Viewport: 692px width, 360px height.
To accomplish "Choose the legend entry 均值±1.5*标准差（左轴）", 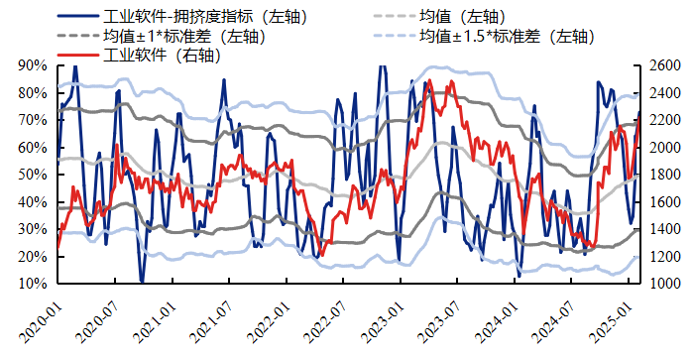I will pos(505,37).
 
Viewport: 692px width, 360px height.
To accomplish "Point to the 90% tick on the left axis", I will pos(33,65).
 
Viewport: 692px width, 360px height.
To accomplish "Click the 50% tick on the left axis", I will pos(33,175).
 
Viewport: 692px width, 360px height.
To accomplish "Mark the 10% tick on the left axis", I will pos(33,284).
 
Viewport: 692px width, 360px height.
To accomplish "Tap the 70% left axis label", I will pos(33,120).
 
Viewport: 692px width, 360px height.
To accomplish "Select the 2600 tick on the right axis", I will pos(665,65).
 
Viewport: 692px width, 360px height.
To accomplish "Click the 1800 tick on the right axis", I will pos(665,175).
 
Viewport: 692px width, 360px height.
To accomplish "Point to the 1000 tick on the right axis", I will pos(665,284).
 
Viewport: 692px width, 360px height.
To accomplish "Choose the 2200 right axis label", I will pos(665,120).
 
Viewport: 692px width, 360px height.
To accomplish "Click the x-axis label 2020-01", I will pos(43,314).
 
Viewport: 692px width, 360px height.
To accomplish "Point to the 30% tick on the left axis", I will pos(33,229).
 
